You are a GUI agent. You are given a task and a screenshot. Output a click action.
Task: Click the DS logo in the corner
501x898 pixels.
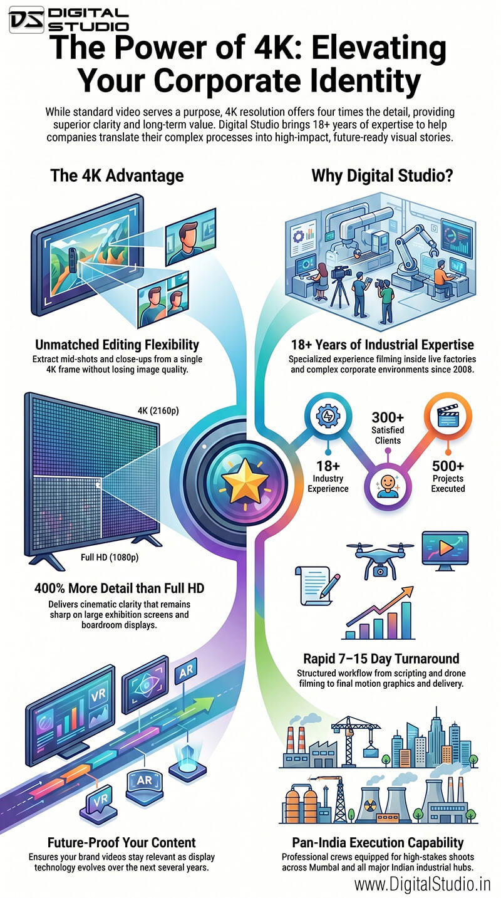coord(26,19)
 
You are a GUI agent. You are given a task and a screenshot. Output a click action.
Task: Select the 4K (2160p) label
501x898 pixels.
coord(158,410)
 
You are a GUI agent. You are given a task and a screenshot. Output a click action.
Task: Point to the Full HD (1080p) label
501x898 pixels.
coord(110,557)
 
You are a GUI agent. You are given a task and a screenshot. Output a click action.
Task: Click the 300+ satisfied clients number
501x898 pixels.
coord(388,418)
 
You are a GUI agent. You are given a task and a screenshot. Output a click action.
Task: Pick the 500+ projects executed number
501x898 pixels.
coord(448,466)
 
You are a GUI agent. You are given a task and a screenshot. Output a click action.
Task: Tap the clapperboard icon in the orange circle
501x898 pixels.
coord(448,415)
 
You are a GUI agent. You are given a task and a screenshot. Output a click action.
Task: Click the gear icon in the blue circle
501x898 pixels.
coord(328,415)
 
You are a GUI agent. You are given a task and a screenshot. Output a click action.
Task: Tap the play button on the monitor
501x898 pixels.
coord(446,547)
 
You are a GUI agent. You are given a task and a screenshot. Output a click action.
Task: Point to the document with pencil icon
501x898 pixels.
coord(317,586)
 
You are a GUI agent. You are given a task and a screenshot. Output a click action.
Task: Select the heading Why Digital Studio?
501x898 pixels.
coord(382,175)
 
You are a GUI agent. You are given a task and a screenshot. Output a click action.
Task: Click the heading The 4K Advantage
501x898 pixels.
coord(117,175)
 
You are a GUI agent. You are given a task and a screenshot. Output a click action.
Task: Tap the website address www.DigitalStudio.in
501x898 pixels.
coord(423,884)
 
